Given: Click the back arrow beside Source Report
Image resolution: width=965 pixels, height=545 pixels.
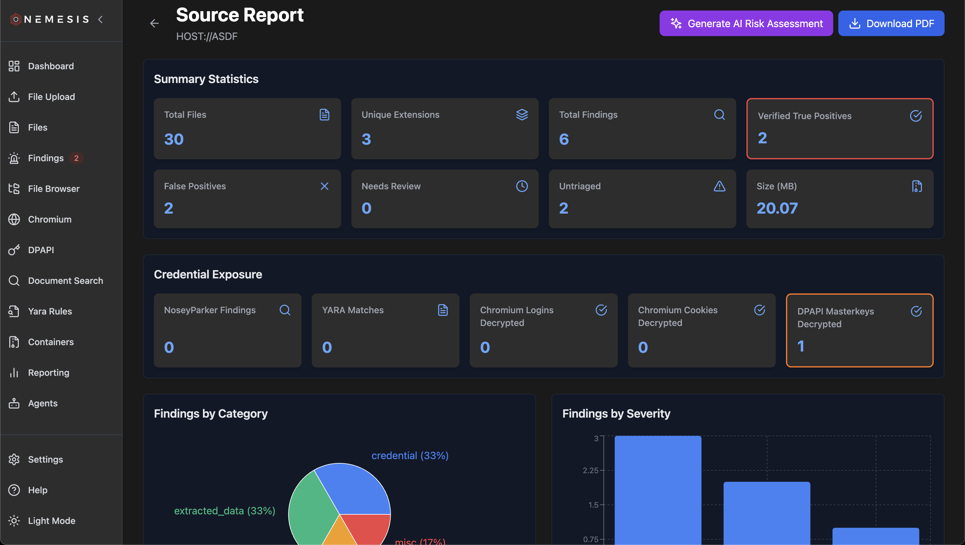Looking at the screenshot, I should [x=154, y=24].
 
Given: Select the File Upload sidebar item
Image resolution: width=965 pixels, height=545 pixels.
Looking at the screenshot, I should [x=51, y=97].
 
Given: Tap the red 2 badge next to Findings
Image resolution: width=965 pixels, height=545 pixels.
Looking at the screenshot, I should [x=76, y=158].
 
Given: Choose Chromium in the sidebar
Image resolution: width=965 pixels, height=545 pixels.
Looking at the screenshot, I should [x=49, y=219].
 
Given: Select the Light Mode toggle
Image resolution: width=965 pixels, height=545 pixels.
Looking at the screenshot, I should [x=51, y=521].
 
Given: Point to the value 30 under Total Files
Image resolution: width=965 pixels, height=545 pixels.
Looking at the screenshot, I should [x=174, y=140].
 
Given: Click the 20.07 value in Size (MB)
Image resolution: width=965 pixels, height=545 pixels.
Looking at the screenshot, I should [x=777, y=208].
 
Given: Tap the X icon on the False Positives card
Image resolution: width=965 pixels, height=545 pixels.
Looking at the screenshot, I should [x=325, y=186].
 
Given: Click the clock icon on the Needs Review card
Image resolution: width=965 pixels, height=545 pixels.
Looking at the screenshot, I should [x=522, y=186].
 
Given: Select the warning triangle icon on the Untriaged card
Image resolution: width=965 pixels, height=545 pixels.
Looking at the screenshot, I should [x=719, y=186].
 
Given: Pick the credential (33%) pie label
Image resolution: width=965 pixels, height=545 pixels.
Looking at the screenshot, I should [x=410, y=455].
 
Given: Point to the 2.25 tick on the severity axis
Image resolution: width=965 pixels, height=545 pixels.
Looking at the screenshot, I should [x=590, y=470].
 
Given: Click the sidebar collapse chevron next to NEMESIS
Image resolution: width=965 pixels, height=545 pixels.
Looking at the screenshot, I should [x=101, y=19].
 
